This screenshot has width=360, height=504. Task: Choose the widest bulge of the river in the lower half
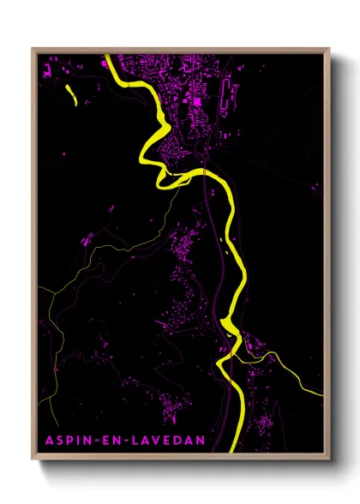pos(228,326)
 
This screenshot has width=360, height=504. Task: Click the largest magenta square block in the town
pos(197,101)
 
